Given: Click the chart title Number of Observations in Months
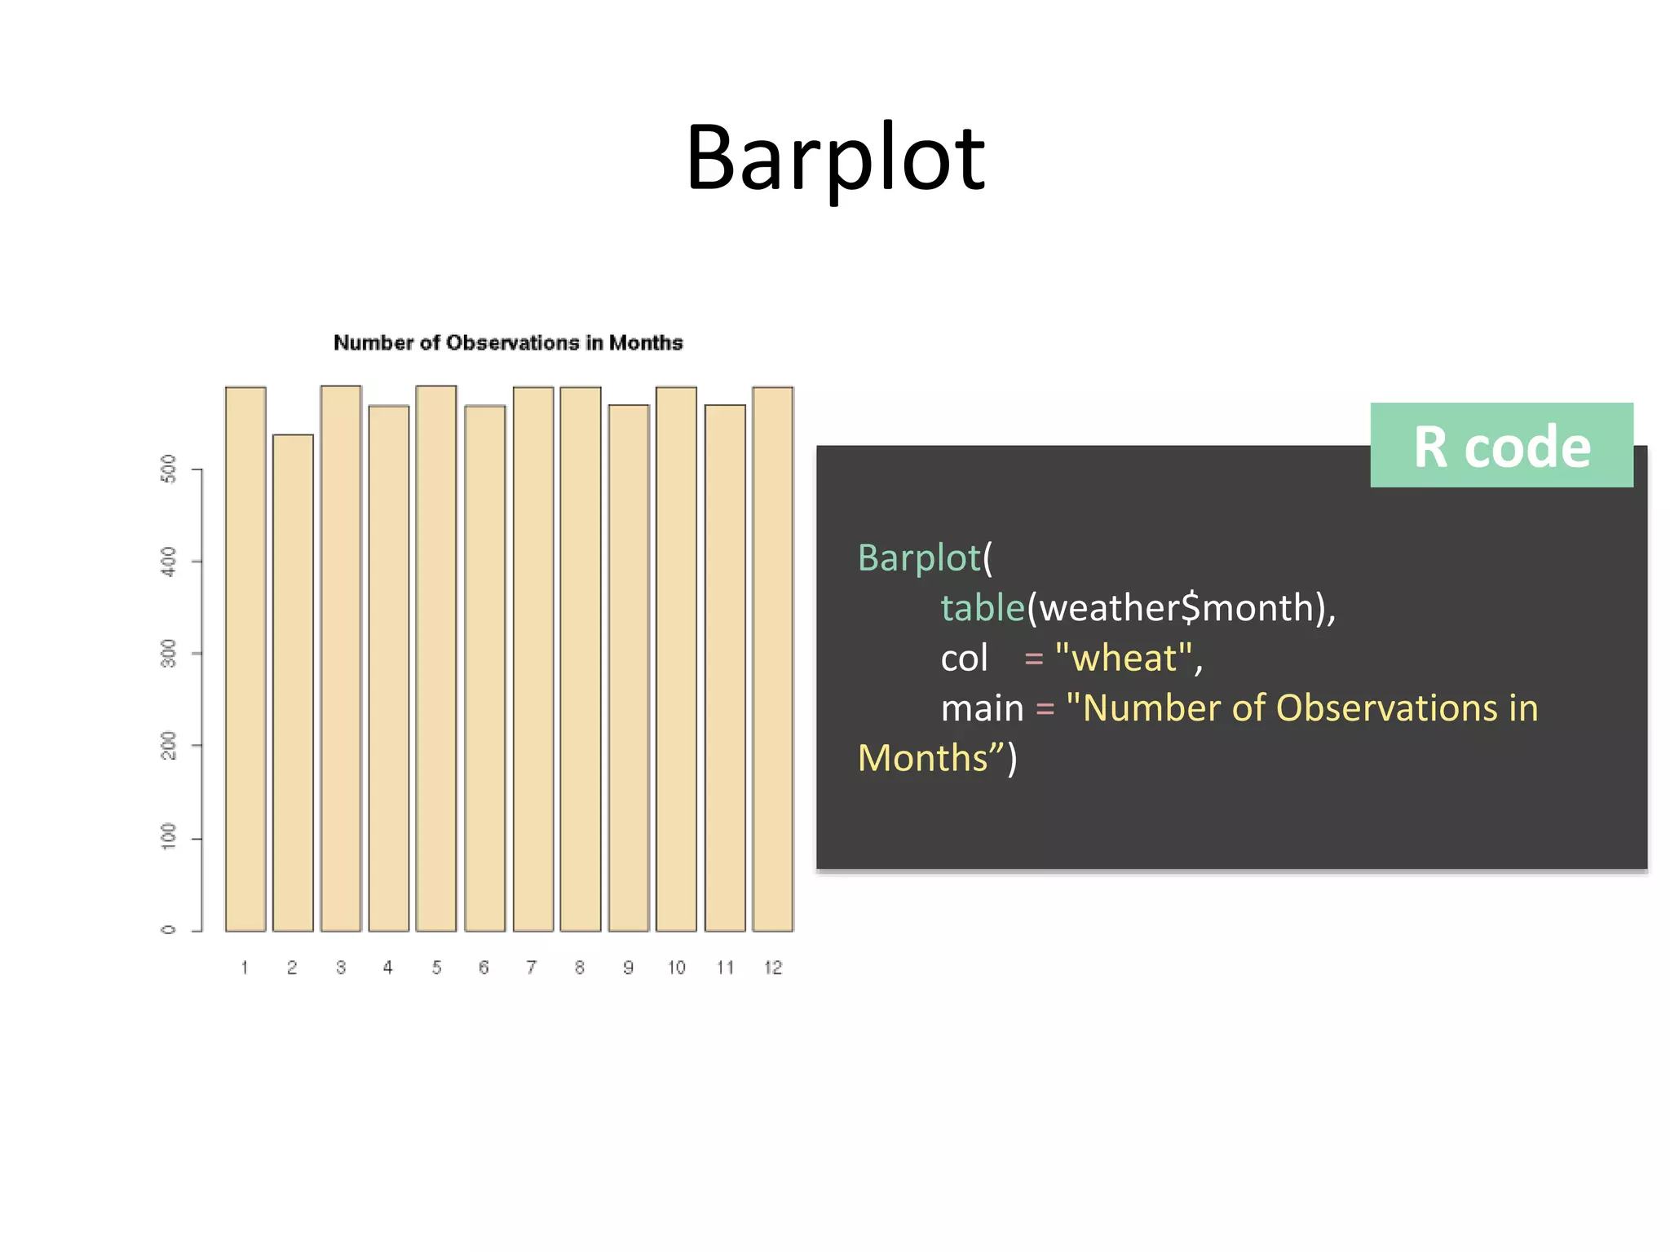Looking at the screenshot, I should (507, 342).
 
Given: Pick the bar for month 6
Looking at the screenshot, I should (484, 668).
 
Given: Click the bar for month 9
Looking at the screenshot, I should (629, 668).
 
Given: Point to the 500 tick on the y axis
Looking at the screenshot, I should (169, 469).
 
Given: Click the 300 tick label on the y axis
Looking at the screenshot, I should (169, 653).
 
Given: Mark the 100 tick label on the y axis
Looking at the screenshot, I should (169, 837).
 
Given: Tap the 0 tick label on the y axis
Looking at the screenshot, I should (169, 929).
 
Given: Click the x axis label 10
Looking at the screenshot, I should (676, 968).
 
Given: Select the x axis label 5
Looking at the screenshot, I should (436, 968).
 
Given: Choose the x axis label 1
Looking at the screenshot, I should (245, 968).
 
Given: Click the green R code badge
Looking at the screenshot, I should (1500, 446).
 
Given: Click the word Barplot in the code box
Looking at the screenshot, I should (919, 558).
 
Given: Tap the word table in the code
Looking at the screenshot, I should (982, 608).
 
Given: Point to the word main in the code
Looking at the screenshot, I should (982, 708).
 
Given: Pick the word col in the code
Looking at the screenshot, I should (964, 658).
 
